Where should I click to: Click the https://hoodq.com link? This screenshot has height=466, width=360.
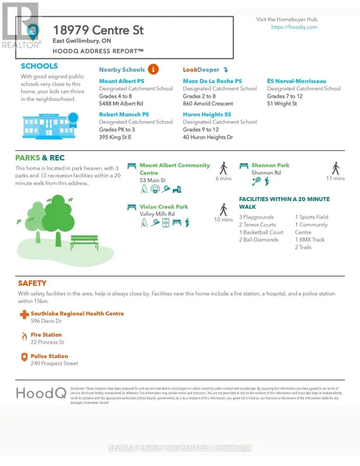(x=294, y=27)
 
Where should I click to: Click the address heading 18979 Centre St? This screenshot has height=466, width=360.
(x=98, y=31)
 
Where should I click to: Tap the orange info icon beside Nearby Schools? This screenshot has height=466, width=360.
(x=153, y=69)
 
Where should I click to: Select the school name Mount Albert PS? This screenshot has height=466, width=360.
(x=121, y=81)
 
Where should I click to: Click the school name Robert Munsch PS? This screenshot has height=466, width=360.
(x=124, y=114)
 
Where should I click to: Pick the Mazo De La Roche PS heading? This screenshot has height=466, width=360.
(x=212, y=81)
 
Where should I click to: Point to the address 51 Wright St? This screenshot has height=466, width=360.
(x=281, y=104)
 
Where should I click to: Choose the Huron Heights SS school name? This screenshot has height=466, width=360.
(x=207, y=114)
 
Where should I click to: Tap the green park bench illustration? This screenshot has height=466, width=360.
(x=84, y=242)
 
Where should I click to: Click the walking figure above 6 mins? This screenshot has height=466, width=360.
(x=223, y=168)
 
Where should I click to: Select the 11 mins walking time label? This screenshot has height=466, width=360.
(x=335, y=178)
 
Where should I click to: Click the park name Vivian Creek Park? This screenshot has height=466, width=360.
(x=164, y=206)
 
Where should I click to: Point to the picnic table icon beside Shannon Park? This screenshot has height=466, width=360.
(x=244, y=166)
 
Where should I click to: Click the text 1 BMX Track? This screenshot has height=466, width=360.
(x=310, y=240)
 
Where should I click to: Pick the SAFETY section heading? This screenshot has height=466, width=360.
(x=32, y=283)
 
